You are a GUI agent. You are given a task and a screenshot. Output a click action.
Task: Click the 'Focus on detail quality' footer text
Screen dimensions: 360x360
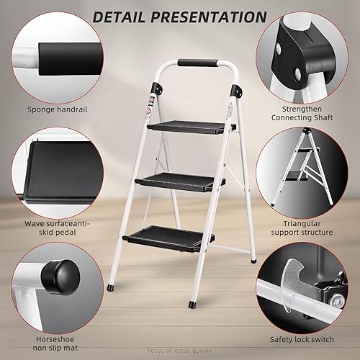(180, 354)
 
